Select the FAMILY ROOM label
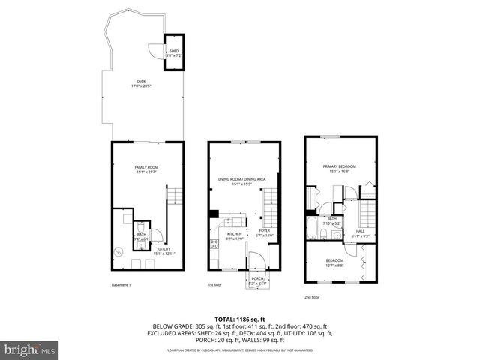click(146, 169)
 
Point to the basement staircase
click(174, 196)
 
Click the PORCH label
click(258, 280)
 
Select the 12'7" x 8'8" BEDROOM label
click(334, 262)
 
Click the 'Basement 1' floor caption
click(121, 285)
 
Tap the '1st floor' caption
click(215, 285)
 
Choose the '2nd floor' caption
click(311, 297)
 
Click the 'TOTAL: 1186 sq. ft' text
click(239, 319)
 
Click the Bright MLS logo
click(30, 349)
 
